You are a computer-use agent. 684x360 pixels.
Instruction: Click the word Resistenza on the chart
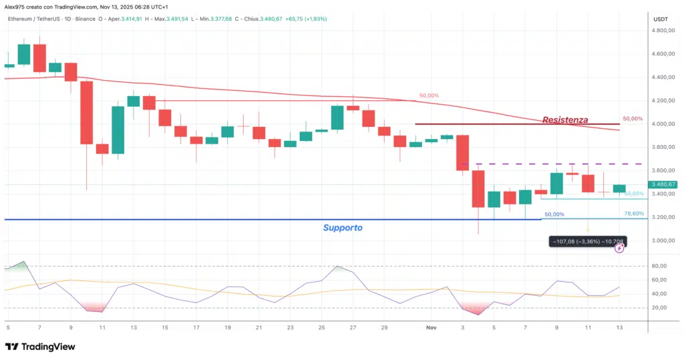(x=565, y=120)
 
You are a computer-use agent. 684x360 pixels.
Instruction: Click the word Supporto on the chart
(x=343, y=228)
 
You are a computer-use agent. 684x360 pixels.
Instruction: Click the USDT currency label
(x=660, y=19)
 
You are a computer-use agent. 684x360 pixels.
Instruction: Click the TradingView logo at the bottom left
(x=39, y=347)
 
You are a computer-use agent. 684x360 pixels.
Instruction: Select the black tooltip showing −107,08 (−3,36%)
(x=587, y=240)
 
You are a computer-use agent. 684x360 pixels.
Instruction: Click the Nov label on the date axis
(x=432, y=328)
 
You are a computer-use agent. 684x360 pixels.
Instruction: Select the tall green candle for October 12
(x=118, y=130)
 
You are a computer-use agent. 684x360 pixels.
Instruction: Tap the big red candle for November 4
(x=478, y=188)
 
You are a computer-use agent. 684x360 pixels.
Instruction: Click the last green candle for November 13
(x=619, y=189)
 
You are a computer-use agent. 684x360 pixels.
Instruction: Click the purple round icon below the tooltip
(x=619, y=248)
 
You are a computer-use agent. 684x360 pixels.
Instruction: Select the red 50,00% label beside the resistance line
(x=632, y=118)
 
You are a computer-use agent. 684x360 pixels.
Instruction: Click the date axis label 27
(x=352, y=328)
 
